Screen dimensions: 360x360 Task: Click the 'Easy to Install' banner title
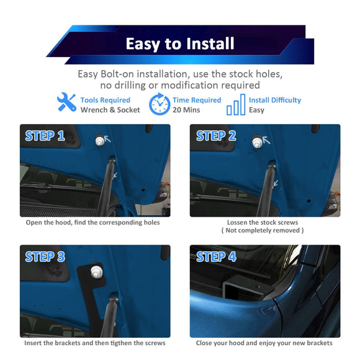(x=180, y=43)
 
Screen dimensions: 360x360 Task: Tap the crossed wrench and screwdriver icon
(x=66, y=102)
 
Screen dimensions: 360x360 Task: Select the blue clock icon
(x=160, y=104)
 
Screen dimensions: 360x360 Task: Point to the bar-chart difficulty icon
(x=236, y=104)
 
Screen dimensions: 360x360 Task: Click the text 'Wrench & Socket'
(x=110, y=110)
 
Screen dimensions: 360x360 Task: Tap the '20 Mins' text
(x=186, y=110)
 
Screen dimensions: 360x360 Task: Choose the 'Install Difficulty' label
(x=275, y=100)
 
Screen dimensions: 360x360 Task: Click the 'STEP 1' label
(x=45, y=136)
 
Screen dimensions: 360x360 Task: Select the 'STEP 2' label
(x=216, y=136)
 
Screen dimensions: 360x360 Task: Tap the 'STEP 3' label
(x=45, y=256)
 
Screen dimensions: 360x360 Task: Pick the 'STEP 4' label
(x=216, y=256)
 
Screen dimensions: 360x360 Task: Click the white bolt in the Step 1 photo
(x=100, y=140)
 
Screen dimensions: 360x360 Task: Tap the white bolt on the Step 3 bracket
(x=97, y=272)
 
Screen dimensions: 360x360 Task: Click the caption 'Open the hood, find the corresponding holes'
(x=92, y=222)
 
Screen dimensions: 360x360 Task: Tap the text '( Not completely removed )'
(x=263, y=230)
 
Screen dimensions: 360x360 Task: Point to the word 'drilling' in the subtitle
(x=130, y=86)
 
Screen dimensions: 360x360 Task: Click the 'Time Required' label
(x=197, y=100)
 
